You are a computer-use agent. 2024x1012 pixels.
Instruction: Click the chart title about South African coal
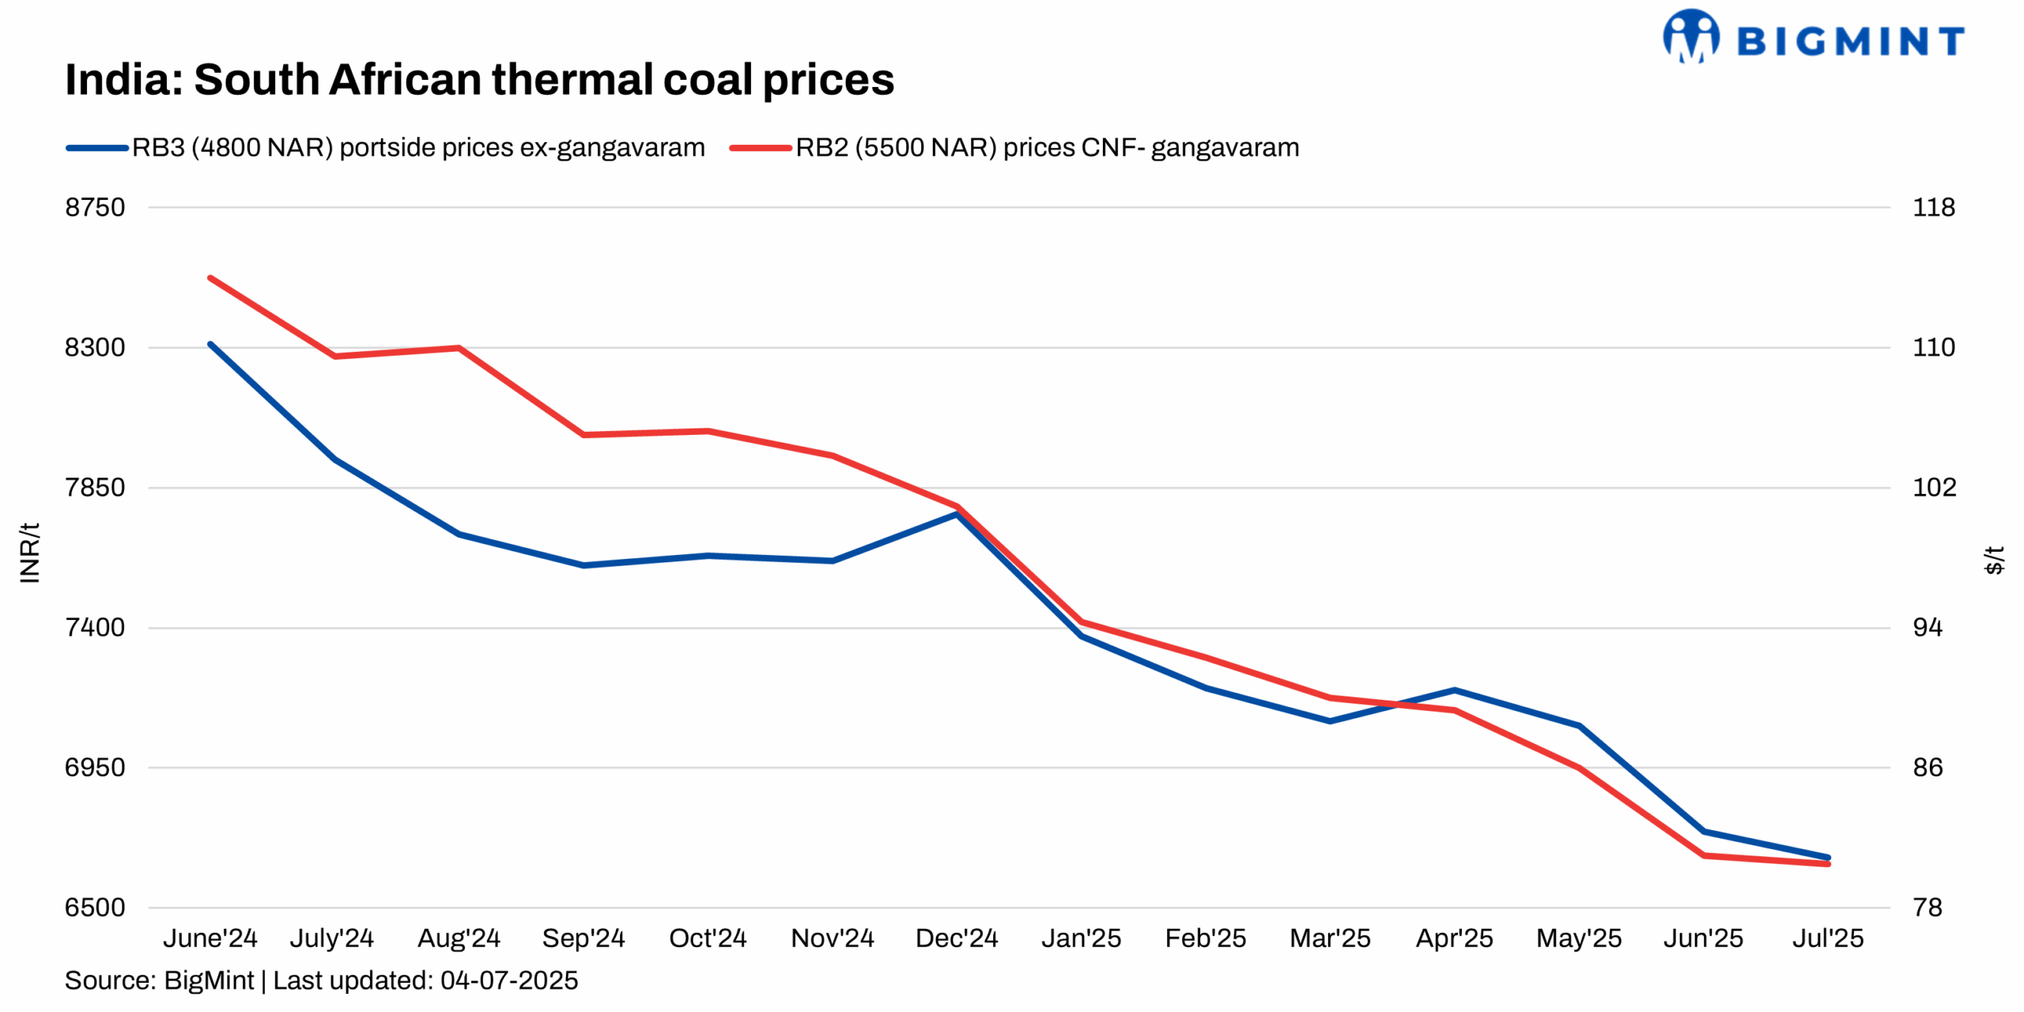[x=479, y=80]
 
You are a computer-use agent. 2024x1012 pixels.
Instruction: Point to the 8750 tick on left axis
[x=95, y=207]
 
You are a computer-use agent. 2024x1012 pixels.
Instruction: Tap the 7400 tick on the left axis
[x=95, y=628]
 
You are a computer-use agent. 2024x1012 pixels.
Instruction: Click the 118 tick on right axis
[x=1932, y=207]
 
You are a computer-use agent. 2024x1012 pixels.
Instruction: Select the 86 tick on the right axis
[x=1927, y=768]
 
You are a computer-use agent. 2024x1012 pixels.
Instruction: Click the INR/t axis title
[x=29, y=553]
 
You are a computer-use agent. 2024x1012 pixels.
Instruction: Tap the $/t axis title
[x=1993, y=560]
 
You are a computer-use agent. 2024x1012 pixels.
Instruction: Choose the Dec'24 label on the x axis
[x=956, y=938]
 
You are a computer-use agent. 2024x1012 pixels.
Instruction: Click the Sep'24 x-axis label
[x=583, y=938]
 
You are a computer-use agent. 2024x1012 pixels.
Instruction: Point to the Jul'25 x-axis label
[x=1827, y=938]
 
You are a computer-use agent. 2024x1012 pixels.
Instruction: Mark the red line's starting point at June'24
[x=210, y=278]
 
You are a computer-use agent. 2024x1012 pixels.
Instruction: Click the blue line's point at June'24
[x=210, y=345]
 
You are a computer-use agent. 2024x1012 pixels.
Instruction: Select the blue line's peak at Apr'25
[x=1454, y=690]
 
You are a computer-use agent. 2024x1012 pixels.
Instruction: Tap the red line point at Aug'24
[x=459, y=348]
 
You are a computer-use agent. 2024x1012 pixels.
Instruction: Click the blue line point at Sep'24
[x=583, y=565]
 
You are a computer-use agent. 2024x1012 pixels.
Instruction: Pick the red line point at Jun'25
[x=1703, y=855]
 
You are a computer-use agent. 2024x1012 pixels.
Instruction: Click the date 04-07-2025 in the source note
[x=508, y=981]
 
